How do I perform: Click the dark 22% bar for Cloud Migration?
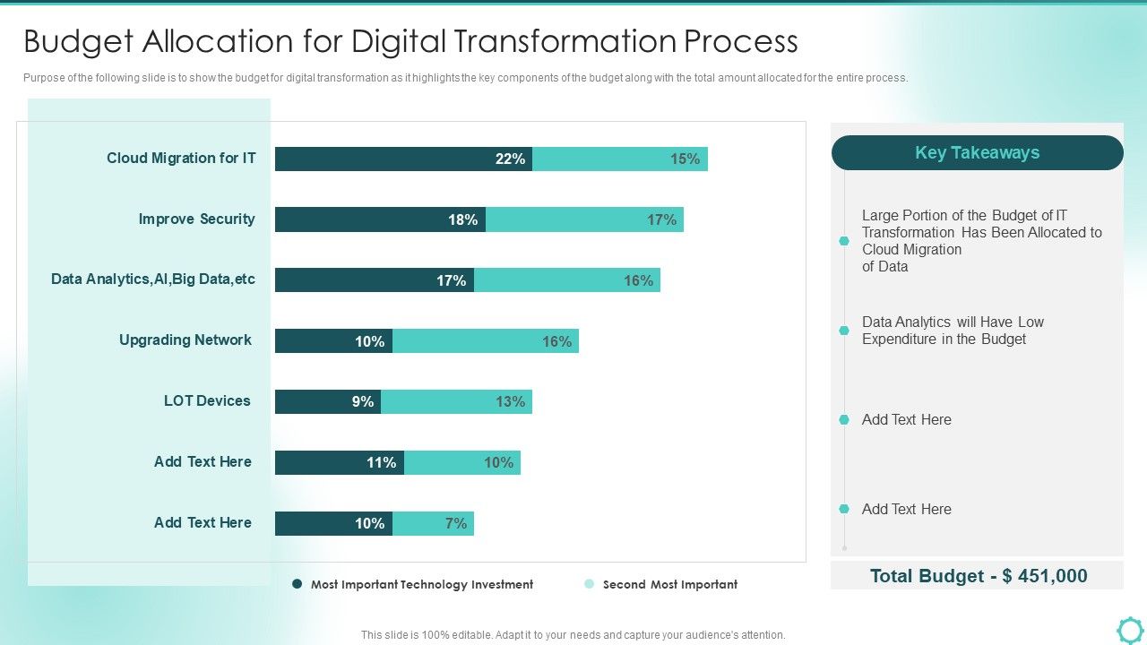tap(403, 159)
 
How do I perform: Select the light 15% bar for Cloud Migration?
tap(620, 159)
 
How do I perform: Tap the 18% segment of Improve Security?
tap(380, 219)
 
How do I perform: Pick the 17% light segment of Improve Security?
tap(584, 219)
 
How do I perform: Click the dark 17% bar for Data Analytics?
tap(375, 280)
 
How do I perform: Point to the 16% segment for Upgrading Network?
tap(486, 341)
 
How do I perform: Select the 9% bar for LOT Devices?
tap(328, 401)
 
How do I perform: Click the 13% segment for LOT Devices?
tap(456, 401)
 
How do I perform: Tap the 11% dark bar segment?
tap(340, 462)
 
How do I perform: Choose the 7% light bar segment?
tap(433, 523)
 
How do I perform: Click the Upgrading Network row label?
tap(185, 340)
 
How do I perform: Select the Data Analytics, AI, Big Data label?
tap(153, 279)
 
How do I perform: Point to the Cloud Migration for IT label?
tap(181, 158)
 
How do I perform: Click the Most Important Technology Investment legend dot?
tap(298, 584)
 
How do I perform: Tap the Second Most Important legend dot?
tap(589, 584)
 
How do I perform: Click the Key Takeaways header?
tap(977, 152)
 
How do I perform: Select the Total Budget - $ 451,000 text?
tap(978, 576)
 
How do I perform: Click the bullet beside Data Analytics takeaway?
tap(843, 331)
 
